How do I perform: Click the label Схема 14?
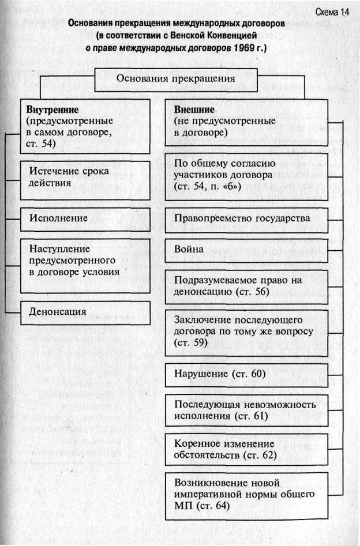[333, 12]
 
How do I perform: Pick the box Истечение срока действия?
[85, 178]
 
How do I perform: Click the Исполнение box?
[85, 219]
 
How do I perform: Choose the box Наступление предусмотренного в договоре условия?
[85, 262]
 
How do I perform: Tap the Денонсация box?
[85, 312]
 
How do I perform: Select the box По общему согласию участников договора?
[246, 176]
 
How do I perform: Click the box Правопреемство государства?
[246, 219]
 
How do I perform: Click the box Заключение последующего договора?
[246, 333]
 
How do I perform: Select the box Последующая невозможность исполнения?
[246, 410]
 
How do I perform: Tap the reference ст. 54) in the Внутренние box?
[42, 144]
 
